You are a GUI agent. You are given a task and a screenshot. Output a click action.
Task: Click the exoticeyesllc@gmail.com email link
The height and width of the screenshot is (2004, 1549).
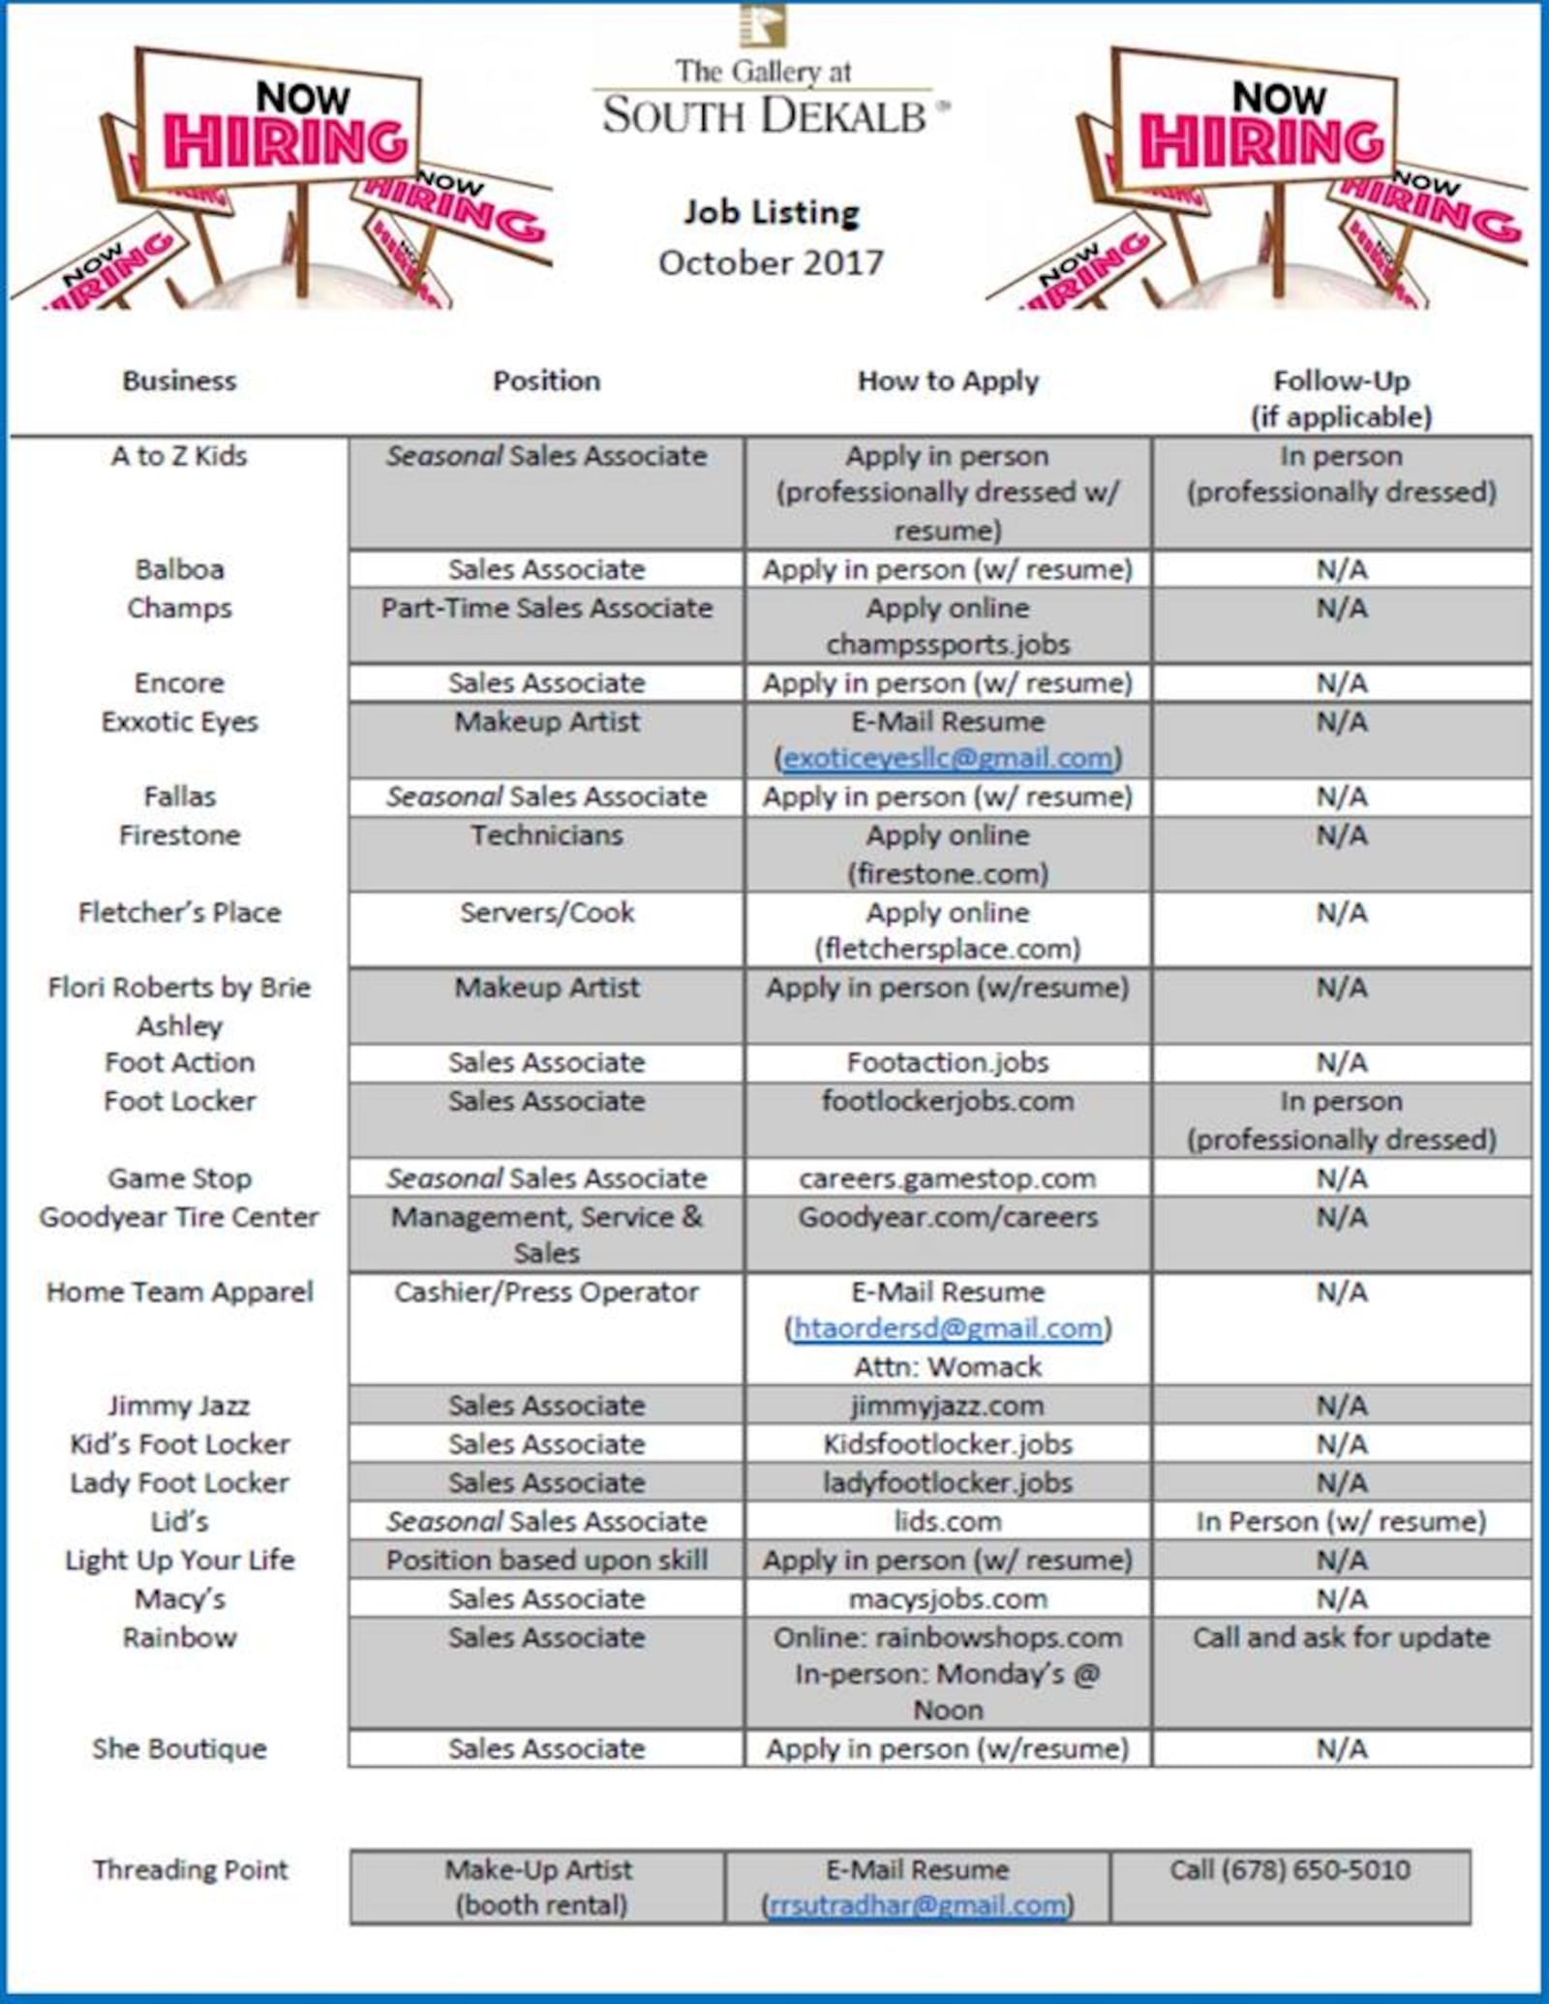948,758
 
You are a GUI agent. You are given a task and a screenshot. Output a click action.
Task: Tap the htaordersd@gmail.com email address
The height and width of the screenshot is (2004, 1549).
948,1328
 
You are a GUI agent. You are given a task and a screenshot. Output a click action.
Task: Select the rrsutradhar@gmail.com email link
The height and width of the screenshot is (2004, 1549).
917,1905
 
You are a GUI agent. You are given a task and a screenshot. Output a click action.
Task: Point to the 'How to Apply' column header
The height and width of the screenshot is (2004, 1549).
948,381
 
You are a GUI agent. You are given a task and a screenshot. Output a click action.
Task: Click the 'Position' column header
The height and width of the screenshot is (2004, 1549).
547,381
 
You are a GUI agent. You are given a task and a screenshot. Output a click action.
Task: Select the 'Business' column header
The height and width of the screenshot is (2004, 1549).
179,381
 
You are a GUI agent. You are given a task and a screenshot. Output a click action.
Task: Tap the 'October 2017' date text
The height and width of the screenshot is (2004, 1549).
772,262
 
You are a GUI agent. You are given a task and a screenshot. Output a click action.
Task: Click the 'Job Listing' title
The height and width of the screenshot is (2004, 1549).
772,213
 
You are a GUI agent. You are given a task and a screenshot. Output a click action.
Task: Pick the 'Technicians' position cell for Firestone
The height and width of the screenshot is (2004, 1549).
547,835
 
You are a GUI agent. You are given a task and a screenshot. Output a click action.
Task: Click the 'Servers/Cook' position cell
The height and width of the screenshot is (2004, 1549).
547,912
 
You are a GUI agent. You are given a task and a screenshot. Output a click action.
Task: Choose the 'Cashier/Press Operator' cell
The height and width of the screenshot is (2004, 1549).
547,1291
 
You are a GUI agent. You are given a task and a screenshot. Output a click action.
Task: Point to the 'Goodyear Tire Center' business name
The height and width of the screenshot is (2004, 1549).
179,1217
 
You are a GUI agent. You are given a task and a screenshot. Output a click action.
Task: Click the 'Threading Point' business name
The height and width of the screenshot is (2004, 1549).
191,1869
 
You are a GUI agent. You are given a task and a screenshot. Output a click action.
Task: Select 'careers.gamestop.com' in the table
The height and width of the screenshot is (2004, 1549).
948,1178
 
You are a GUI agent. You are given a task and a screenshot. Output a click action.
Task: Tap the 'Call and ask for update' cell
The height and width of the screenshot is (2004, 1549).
1342,1637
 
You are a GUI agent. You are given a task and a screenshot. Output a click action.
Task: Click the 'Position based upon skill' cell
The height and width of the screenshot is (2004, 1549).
547,1560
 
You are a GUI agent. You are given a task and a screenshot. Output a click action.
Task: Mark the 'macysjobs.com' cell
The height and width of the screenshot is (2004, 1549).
948,1598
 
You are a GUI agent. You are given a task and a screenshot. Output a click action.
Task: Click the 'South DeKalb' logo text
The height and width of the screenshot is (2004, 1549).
765,116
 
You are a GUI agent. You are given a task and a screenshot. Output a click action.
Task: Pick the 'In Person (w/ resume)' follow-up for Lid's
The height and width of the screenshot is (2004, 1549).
1342,1521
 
